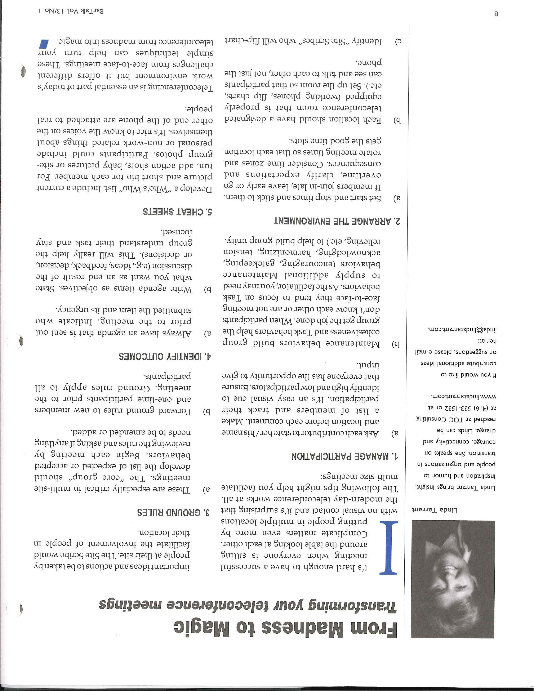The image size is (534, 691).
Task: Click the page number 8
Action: [x=496, y=14]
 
